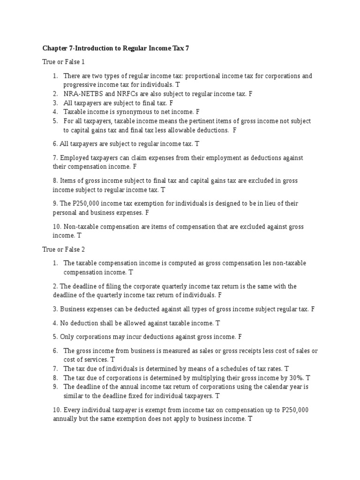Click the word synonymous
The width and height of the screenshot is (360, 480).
click(x=129, y=112)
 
